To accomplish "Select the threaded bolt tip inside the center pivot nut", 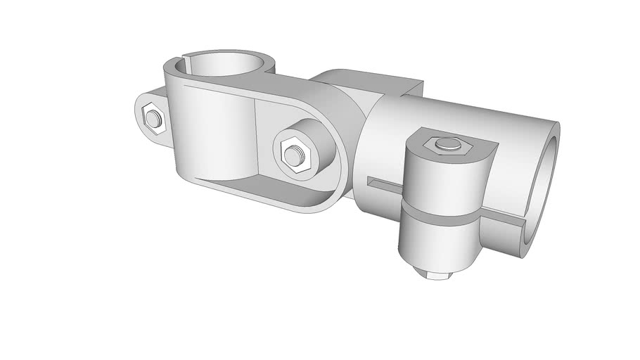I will (292, 153).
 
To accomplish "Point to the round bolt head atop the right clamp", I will (444, 144).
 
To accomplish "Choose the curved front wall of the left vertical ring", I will (211, 134).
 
